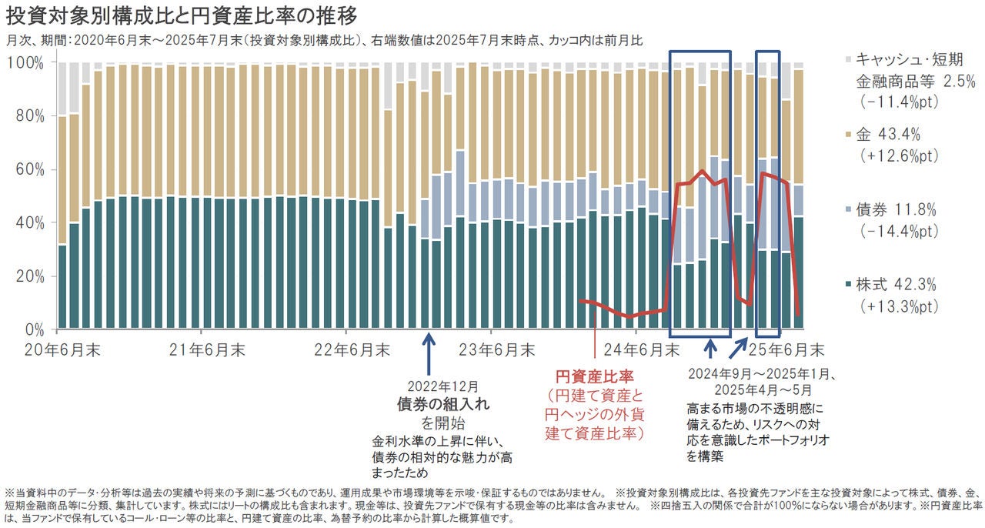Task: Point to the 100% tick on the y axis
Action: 32,62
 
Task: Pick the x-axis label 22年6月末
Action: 352,350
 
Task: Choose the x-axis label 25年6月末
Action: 786,350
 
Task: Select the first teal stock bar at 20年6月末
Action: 63,286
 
